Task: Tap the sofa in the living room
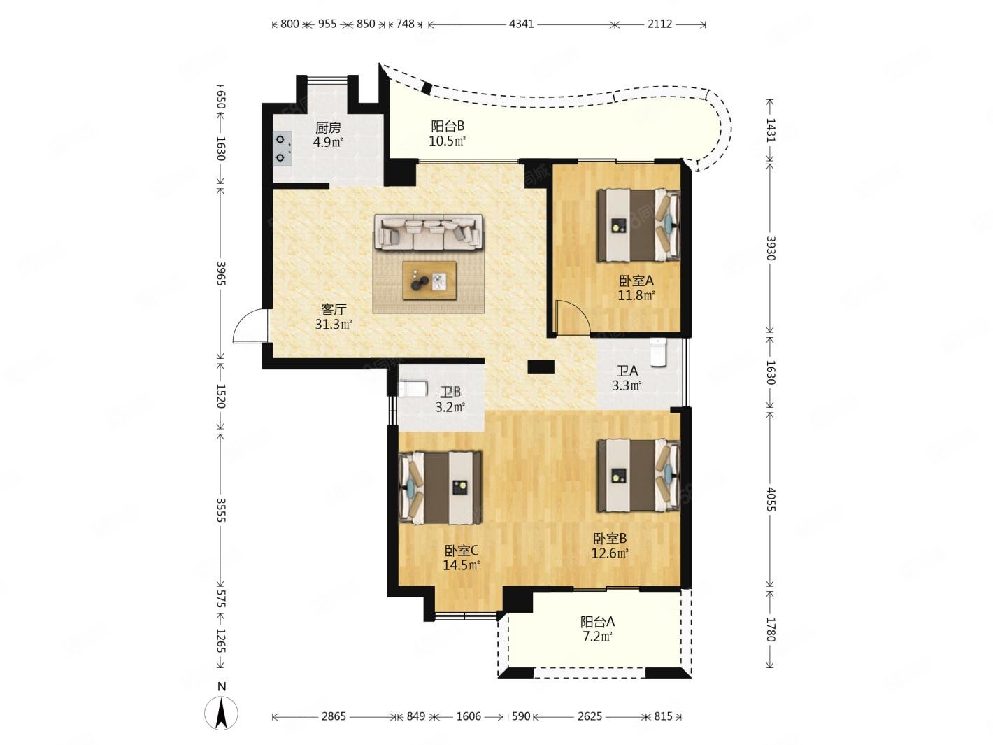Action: (x=427, y=232)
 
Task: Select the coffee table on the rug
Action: (x=429, y=280)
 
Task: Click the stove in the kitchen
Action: (x=282, y=148)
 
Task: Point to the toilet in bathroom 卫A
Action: (x=658, y=352)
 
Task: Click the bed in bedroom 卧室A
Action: (x=639, y=225)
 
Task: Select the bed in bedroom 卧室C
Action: (x=440, y=488)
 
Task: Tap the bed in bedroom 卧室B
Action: (x=639, y=476)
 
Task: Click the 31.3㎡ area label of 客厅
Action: (x=334, y=325)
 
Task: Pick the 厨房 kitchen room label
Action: (x=328, y=127)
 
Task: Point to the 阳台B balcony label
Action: (x=448, y=126)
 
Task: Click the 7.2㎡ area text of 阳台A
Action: (x=597, y=637)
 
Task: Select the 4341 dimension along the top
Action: (x=521, y=24)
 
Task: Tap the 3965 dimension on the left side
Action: (x=221, y=274)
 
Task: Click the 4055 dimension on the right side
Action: (x=771, y=499)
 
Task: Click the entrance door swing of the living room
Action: (x=250, y=326)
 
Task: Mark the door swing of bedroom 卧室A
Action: (x=573, y=318)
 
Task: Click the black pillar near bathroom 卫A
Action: (x=541, y=367)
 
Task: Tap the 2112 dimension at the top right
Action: (x=659, y=24)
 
